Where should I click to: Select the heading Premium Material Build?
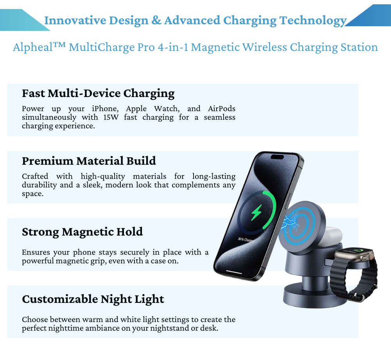tap(89, 161)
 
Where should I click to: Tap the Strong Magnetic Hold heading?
tap(82, 232)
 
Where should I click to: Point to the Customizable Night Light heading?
tap(93, 299)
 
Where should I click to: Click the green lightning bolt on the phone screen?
tap(256, 212)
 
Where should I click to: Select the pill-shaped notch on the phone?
tap(277, 157)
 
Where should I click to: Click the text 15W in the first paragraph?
tap(111, 117)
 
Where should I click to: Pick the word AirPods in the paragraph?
tap(222, 109)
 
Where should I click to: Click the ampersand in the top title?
tap(156, 20)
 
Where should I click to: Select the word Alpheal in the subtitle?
tap(33, 47)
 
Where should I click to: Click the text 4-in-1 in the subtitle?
tap(173, 47)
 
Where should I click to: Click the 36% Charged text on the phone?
tap(246, 240)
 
